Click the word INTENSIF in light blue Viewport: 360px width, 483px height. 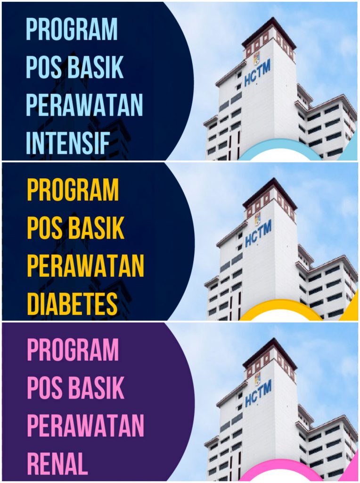click(x=68, y=143)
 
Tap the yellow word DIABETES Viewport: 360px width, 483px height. click(x=73, y=304)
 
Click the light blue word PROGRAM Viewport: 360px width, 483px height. click(x=72, y=29)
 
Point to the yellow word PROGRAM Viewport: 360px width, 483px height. click(x=73, y=190)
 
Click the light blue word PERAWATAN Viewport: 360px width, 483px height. click(x=85, y=105)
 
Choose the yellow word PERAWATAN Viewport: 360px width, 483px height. click(x=86, y=266)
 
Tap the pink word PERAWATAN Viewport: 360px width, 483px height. click(x=86, y=426)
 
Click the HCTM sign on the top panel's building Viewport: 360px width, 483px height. click(x=258, y=73)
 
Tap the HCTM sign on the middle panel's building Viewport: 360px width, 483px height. click(x=259, y=233)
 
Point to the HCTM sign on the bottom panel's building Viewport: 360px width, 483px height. click(x=259, y=394)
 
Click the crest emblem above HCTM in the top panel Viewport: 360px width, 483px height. click(x=256, y=58)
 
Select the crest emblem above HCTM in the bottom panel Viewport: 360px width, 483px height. click(x=257, y=379)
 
